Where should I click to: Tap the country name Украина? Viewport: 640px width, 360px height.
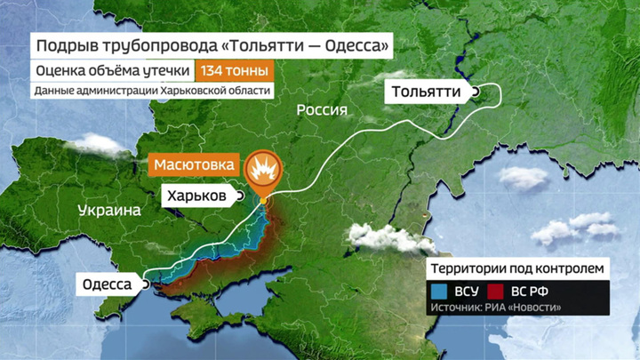pos(109,211)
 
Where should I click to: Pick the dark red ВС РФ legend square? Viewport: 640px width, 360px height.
pos(495,291)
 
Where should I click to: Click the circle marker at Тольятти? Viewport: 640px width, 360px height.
pos(476,92)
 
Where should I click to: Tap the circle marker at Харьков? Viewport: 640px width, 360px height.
pos(239,196)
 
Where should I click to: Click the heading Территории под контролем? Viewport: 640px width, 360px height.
pos(518,268)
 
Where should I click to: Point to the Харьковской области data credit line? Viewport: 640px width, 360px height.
pos(152,91)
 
